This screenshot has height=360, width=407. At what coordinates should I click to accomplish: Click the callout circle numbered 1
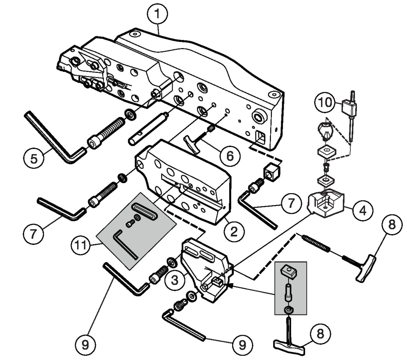tap(157, 14)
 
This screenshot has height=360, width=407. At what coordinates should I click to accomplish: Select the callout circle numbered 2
tap(234, 231)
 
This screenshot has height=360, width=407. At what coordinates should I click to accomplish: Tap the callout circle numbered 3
tap(175, 279)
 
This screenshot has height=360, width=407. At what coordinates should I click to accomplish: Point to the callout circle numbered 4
tap(363, 210)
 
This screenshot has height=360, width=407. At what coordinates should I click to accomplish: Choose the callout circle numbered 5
tap(34, 158)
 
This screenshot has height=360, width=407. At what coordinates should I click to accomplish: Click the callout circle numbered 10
tap(325, 102)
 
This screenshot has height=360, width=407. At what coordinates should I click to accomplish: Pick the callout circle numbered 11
tap(81, 245)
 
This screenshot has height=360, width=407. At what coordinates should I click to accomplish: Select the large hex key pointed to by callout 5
tap(54, 136)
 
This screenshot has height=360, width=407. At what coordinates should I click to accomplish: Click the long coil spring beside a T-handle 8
tap(316, 243)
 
